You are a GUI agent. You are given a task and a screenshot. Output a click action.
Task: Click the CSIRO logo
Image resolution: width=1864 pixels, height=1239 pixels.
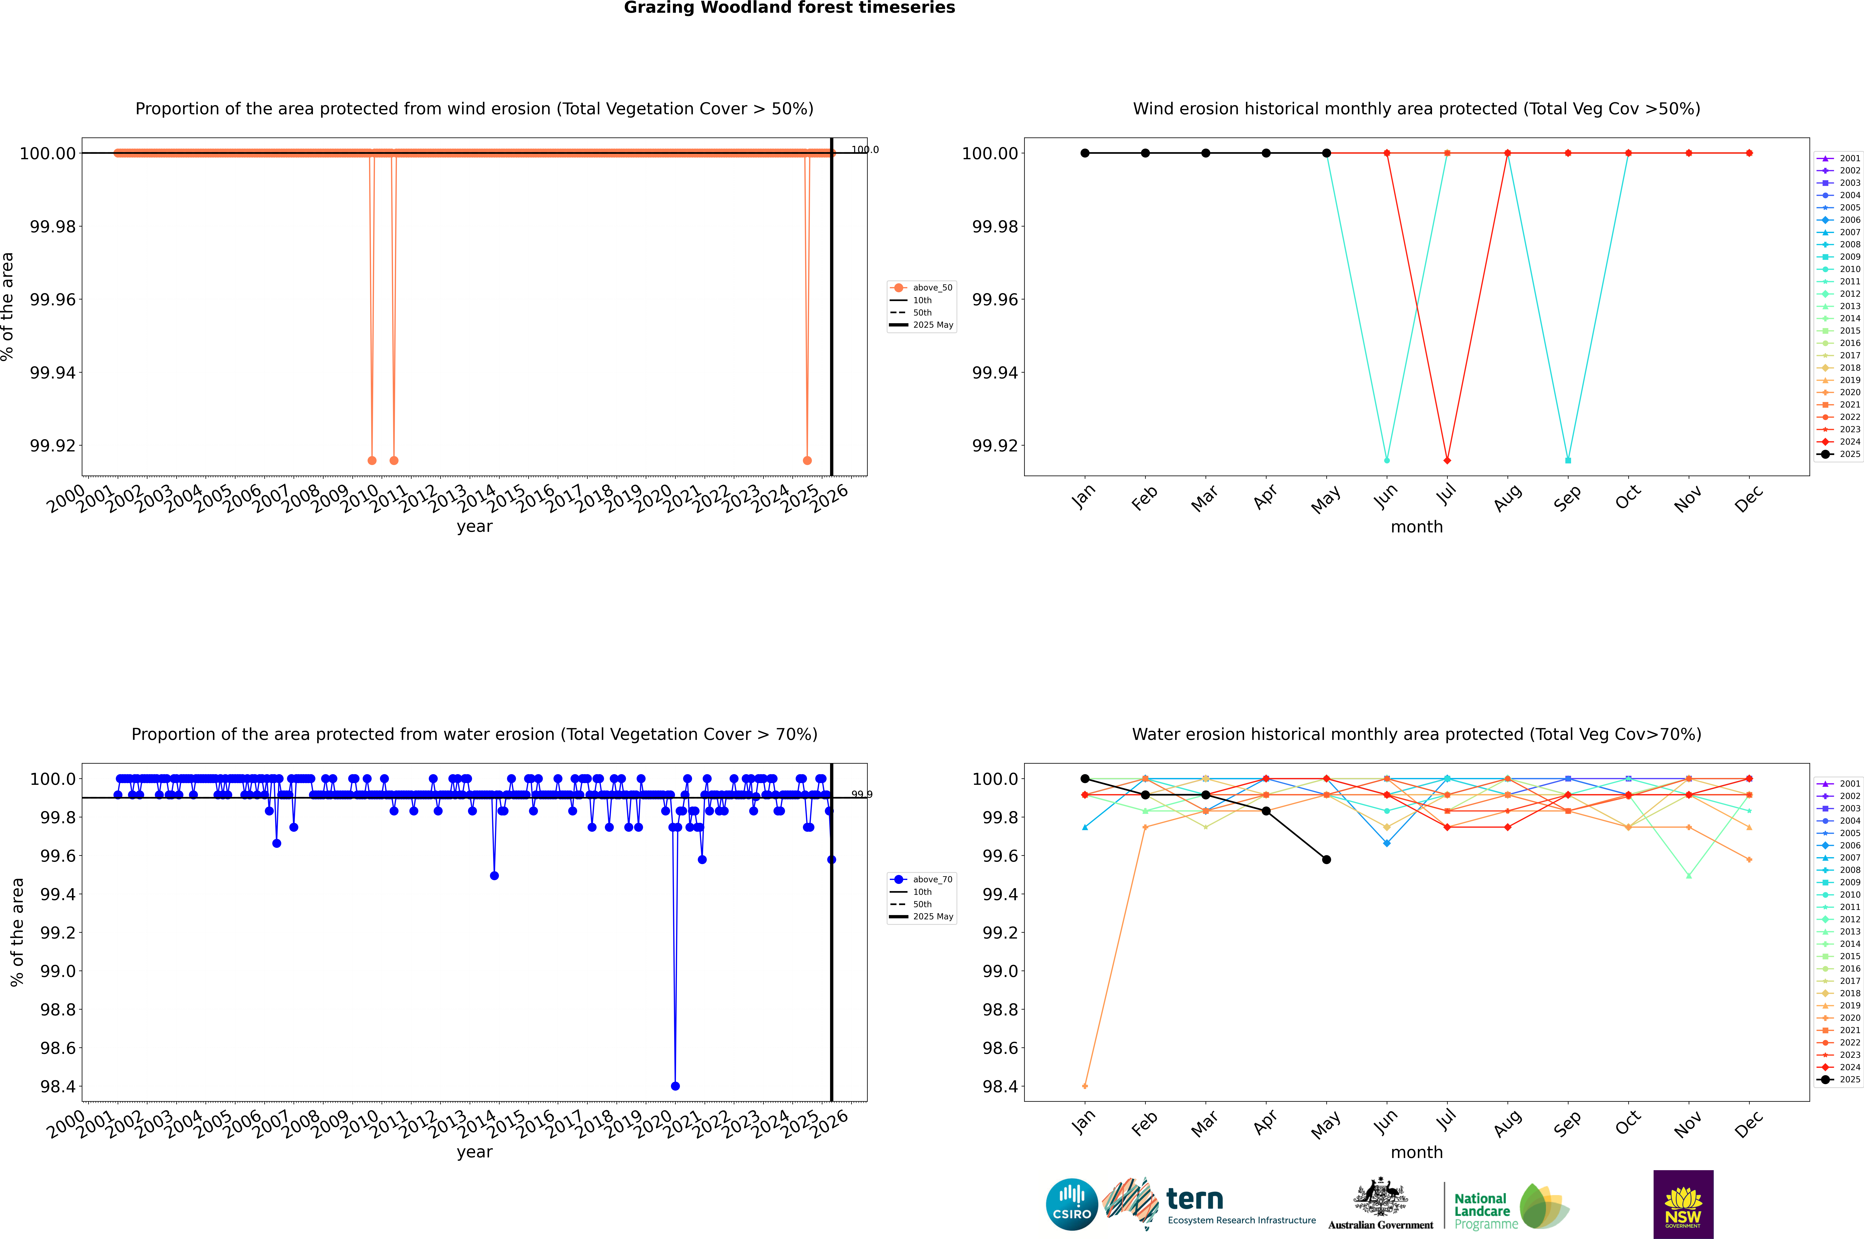click(1071, 1204)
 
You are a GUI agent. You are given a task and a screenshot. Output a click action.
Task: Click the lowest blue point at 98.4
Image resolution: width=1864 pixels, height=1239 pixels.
click(675, 1086)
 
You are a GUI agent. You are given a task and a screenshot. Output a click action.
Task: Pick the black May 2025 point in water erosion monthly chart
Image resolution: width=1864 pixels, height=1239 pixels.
click(1327, 860)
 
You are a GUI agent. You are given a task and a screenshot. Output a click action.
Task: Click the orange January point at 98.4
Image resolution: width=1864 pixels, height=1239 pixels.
click(1085, 1086)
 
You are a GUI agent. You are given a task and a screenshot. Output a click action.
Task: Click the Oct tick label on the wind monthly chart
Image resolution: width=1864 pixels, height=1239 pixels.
click(1628, 498)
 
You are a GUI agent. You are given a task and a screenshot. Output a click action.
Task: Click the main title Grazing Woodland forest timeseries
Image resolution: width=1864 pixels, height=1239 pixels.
click(789, 8)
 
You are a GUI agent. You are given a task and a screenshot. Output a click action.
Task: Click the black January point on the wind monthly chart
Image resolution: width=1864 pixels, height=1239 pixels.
click(1085, 153)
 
